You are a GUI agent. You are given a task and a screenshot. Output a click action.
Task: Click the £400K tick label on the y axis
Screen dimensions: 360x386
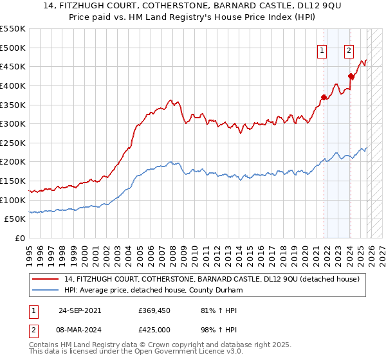coord(12,85)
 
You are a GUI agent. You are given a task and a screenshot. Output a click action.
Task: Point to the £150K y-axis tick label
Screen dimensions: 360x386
coord(12,181)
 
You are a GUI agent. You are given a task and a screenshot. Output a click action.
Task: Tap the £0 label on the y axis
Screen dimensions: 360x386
coord(21,239)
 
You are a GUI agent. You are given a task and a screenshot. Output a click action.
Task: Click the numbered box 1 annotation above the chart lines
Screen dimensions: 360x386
coord(321,53)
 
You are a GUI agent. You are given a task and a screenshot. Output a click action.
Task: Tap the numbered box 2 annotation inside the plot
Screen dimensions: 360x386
coord(349,53)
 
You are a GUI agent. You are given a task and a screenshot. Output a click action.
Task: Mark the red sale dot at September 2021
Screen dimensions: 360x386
coord(324,97)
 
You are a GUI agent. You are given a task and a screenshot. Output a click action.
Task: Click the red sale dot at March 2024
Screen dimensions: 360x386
coord(351,76)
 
